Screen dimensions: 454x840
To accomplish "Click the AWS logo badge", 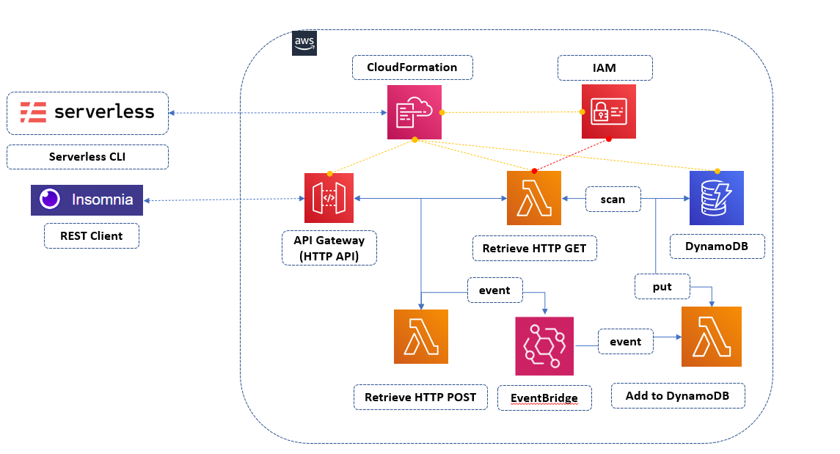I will pyautogui.click(x=304, y=43).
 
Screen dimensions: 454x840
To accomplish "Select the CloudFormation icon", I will pyautogui.click(x=414, y=111).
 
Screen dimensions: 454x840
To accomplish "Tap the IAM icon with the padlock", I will pyautogui.click(x=609, y=111).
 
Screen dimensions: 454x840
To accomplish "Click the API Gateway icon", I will pyautogui.click(x=329, y=198).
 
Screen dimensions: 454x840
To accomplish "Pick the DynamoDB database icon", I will pyautogui.click(x=716, y=198).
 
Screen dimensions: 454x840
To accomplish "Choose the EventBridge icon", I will pyautogui.click(x=545, y=345).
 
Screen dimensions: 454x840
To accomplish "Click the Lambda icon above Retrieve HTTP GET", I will pyautogui.click(x=533, y=198).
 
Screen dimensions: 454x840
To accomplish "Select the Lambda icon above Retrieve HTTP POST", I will pyautogui.click(x=421, y=337).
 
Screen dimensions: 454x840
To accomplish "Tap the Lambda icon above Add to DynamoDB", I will pyautogui.click(x=711, y=337).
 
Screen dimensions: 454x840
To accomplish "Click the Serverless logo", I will pyautogui.click(x=87, y=112).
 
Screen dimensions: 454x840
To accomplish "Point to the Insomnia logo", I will pyautogui.click(x=87, y=199).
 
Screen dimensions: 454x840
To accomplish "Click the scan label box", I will pyautogui.click(x=613, y=199).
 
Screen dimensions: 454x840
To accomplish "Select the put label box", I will pyautogui.click(x=662, y=287).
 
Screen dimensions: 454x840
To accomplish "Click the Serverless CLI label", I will pyautogui.click(x=87, y=157).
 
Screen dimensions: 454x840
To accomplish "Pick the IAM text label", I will pyautogui.click(x=605, y=67).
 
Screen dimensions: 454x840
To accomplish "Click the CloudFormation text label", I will pyautogui.click(x=412, y=67).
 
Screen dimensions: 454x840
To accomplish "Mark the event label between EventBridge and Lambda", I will pyautogui.click(x=625, y=342).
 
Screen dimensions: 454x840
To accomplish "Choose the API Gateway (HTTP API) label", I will pyautogui.click(x=329, y=249).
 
